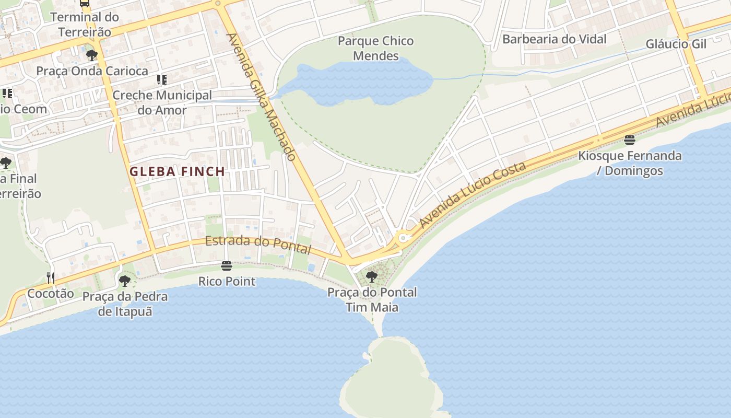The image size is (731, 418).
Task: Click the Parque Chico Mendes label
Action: click(x=375, y=48)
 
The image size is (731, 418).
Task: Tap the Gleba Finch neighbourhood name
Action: click(x=177, y=171)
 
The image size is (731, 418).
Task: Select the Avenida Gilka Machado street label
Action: click(x=262, y=97)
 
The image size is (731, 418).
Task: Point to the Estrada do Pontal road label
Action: click(x=258, y=245)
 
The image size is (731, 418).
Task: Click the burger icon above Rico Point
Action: click(x=226, y=266)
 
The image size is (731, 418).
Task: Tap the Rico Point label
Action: click(x=227, y=282)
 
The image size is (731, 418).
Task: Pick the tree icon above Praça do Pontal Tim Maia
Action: click(x=372, y=276)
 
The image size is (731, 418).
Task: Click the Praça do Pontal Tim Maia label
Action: click(x=372, y=299)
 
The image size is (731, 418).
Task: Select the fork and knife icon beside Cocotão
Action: click(x=50, y=277)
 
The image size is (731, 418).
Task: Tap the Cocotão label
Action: click(x=51, y=294)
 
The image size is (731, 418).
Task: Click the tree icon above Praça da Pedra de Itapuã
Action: click(x=124, y=281)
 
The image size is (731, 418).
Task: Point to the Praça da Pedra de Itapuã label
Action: click(x=125, y=304)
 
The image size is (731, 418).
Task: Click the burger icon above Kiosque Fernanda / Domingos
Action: click(x=629, y=140)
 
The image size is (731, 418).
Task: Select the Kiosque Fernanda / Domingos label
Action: click(x=629, y=163)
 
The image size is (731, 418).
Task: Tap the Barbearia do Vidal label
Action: click(x=554, y=39)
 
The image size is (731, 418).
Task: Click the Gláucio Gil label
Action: click(x=676, y=44)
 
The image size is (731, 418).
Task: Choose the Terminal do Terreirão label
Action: click(x=85, y=24)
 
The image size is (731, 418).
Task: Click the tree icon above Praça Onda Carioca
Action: click(x=92, y=55)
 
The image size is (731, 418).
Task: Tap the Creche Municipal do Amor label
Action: click(x=162, y=102)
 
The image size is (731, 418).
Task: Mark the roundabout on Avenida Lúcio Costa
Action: click(x=403, y=238)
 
